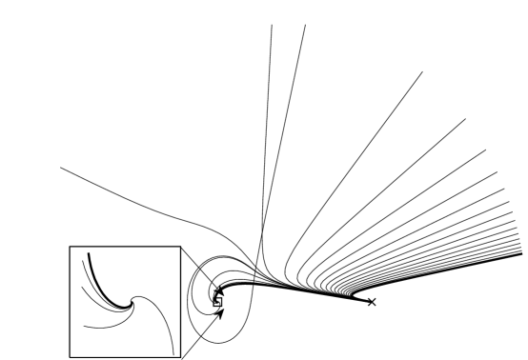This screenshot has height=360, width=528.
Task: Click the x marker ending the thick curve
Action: (x=372, y=302)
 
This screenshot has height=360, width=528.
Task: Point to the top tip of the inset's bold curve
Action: (x=88, y=253)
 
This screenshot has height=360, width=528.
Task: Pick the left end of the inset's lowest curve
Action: (x=84, y=328)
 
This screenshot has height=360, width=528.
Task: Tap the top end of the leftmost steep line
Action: (x=273, y=25)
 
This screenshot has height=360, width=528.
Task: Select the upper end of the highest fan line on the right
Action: (x=422, y=71)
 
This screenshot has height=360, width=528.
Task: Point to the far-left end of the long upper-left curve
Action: (x=60, y=169)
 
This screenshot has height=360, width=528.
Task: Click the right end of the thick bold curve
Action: (x=522, y=255)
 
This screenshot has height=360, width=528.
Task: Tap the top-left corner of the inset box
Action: (x=70, y=247)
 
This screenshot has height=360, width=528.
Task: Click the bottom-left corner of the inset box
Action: (x=70, y=355)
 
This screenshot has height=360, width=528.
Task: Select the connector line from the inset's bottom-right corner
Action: (x=202, y=332)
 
